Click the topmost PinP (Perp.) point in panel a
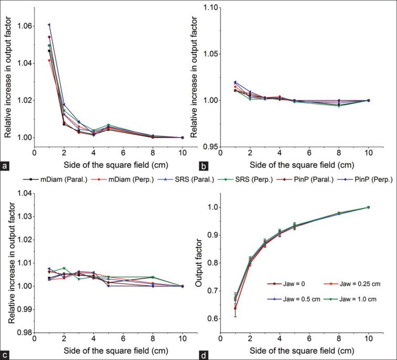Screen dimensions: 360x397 coord(49,25)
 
